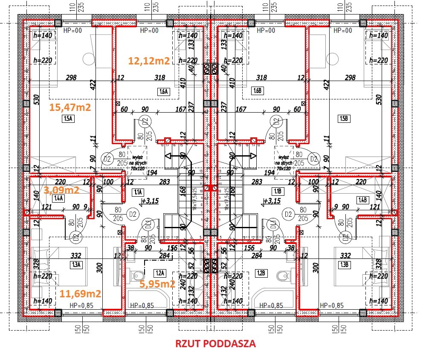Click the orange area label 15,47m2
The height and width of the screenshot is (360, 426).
coord(70,107)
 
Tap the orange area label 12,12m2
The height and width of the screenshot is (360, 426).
coord(149,61)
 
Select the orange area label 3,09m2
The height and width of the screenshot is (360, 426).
coord(62,189)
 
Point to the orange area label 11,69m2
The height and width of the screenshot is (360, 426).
coord(80,293)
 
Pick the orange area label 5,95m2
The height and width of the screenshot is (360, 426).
coord(158,284)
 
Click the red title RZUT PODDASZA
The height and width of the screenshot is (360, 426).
coord(216,344)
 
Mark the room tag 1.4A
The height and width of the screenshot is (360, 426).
coord(58,198)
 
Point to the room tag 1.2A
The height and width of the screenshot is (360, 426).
coord(160,273)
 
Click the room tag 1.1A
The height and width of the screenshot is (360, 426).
coord(138,192)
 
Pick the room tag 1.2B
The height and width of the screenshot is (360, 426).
coord(261,273)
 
